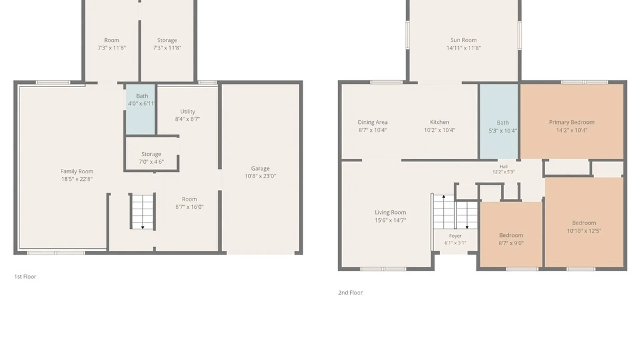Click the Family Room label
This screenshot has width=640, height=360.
77,171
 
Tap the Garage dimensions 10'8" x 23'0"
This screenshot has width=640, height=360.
260,176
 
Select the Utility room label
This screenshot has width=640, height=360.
188,111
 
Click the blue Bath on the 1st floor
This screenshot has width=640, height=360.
140,110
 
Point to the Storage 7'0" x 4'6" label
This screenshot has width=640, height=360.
151,158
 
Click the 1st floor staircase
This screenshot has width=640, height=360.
143,211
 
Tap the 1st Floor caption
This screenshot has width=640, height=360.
25,277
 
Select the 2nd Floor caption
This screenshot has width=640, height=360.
350,293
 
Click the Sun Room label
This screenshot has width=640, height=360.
463,40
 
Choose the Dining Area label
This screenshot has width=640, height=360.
373,122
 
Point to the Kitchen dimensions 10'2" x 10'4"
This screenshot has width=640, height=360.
439,130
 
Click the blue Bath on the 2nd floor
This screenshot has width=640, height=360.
499,121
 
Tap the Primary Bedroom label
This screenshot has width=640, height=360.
572,122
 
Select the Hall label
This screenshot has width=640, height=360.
504,167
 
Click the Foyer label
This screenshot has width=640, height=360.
455,236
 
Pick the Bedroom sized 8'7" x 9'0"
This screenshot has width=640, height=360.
511,235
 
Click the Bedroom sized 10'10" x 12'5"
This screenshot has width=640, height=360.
584,223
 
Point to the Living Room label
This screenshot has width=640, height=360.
390,212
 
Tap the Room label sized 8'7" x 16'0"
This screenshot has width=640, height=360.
189,199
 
